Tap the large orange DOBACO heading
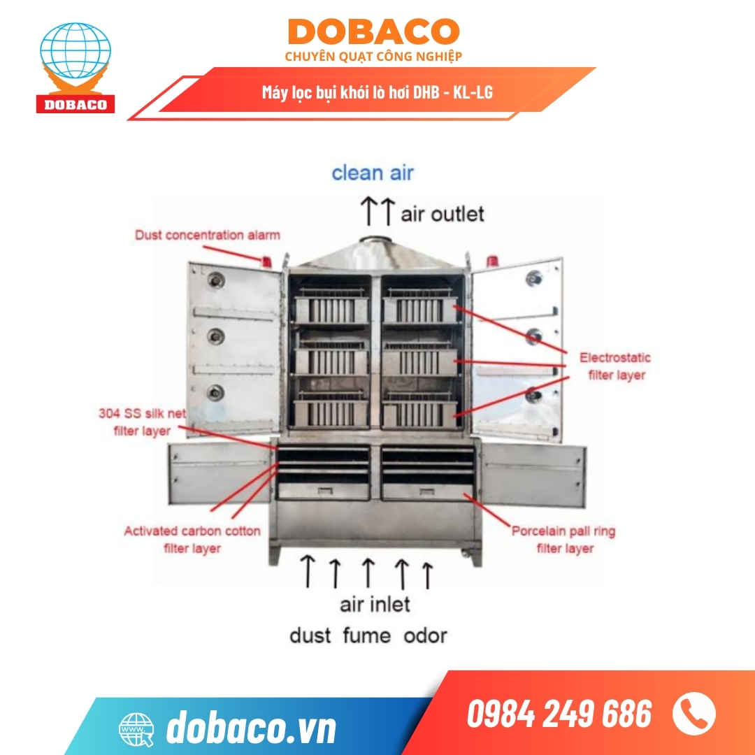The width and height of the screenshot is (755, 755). (373, 32)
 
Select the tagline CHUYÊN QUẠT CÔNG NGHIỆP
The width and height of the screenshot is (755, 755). (373, 56)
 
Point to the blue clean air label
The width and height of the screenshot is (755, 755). (372, 173)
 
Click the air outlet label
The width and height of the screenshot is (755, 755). (442, 213)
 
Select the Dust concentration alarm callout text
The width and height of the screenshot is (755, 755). (208, 235)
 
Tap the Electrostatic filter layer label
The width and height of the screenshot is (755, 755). (615, 366)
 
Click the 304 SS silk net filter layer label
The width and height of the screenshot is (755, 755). (142, 422)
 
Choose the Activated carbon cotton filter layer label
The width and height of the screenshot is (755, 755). (192, 540)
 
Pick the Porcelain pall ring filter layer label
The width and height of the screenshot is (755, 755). (563, 540)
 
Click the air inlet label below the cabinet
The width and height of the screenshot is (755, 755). (375, 603)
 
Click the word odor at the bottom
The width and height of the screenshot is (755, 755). (425, 635)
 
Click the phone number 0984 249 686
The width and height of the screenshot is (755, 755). (559, 714)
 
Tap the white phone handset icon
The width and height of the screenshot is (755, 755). (693, 713)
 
